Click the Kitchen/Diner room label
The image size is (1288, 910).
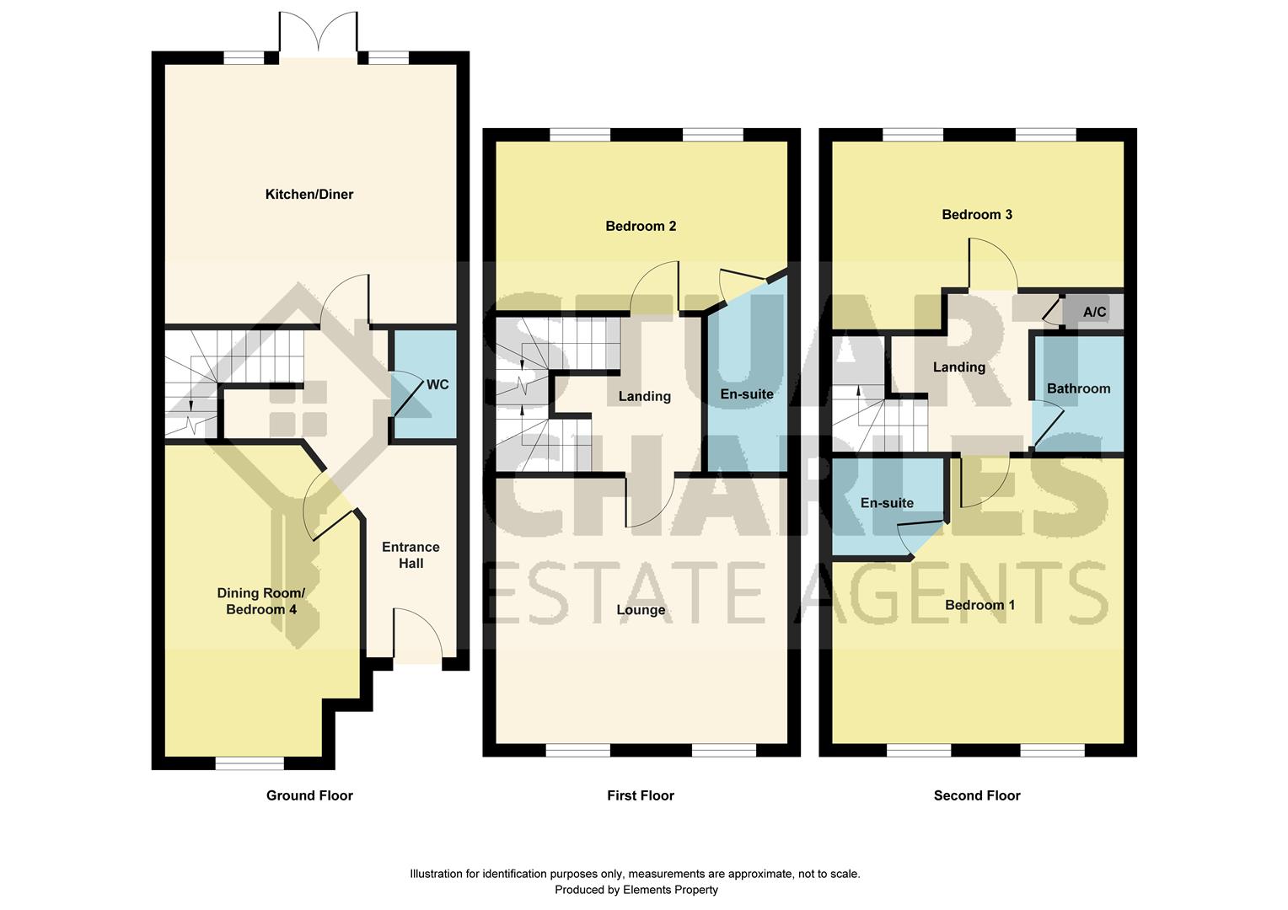click(x=309, y=195)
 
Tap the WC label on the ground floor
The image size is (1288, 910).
click(x=437, y=384)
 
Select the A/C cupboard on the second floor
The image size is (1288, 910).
click(x=1093, y=312)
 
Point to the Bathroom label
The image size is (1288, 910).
click(x=1079, y=388)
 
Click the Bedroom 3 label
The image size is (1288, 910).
click(x=977, y=214)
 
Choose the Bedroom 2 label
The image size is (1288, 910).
click(x=641, y=226)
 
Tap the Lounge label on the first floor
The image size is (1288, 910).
click(x=641, y=609)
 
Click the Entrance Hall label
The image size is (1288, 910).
click(x=411, y=554)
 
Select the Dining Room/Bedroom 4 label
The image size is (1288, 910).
click(x=261, y=601)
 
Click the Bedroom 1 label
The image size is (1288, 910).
click(x=979, y=605)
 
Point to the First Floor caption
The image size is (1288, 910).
click(x=641, y=795)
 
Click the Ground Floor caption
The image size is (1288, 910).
click(x=309, y=795)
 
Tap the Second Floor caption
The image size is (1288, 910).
click(x=977, y=795)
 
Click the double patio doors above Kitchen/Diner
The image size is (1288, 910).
click(x=318, y=35)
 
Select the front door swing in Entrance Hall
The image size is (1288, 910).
click(x=418, y=634)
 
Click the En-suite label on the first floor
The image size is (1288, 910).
click(x=747, y=394)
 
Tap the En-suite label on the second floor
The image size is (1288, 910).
click(x=887, y=503)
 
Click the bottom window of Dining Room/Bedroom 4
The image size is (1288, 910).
click(x=250, y=763)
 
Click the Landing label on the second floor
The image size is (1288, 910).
click(x=959, y=367)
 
